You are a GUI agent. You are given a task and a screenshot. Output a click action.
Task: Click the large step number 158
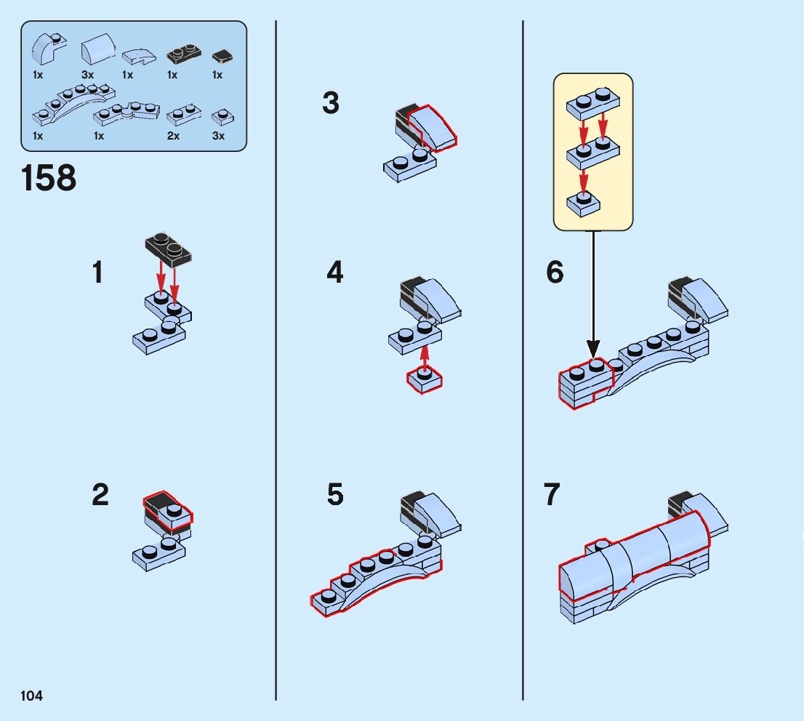pos(49,178)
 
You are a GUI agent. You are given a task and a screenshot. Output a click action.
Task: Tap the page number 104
pos(32,696)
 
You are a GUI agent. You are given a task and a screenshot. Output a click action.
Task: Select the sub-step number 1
pos(98,273)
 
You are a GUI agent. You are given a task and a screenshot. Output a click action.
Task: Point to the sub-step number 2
pos(100,496)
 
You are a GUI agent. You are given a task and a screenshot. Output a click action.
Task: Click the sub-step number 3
pos(331,103)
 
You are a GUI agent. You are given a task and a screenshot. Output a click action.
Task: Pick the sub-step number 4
pos(334,273)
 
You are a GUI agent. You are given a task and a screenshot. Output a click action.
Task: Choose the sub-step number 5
pos(334,495)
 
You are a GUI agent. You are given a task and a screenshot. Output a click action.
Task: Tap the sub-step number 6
pos(555,273)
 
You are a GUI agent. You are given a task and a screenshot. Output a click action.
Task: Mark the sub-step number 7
pos(552,495)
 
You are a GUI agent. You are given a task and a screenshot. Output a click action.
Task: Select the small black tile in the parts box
pos(221,56)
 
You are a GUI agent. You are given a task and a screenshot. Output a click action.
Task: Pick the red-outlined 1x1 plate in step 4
pos(425,379)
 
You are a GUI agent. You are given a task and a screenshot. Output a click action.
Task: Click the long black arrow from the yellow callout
pos(593,291)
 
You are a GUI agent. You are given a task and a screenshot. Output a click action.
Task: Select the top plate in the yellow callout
pos(592,104)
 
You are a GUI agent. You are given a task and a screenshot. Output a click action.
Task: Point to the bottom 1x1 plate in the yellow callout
pos(584,203)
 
